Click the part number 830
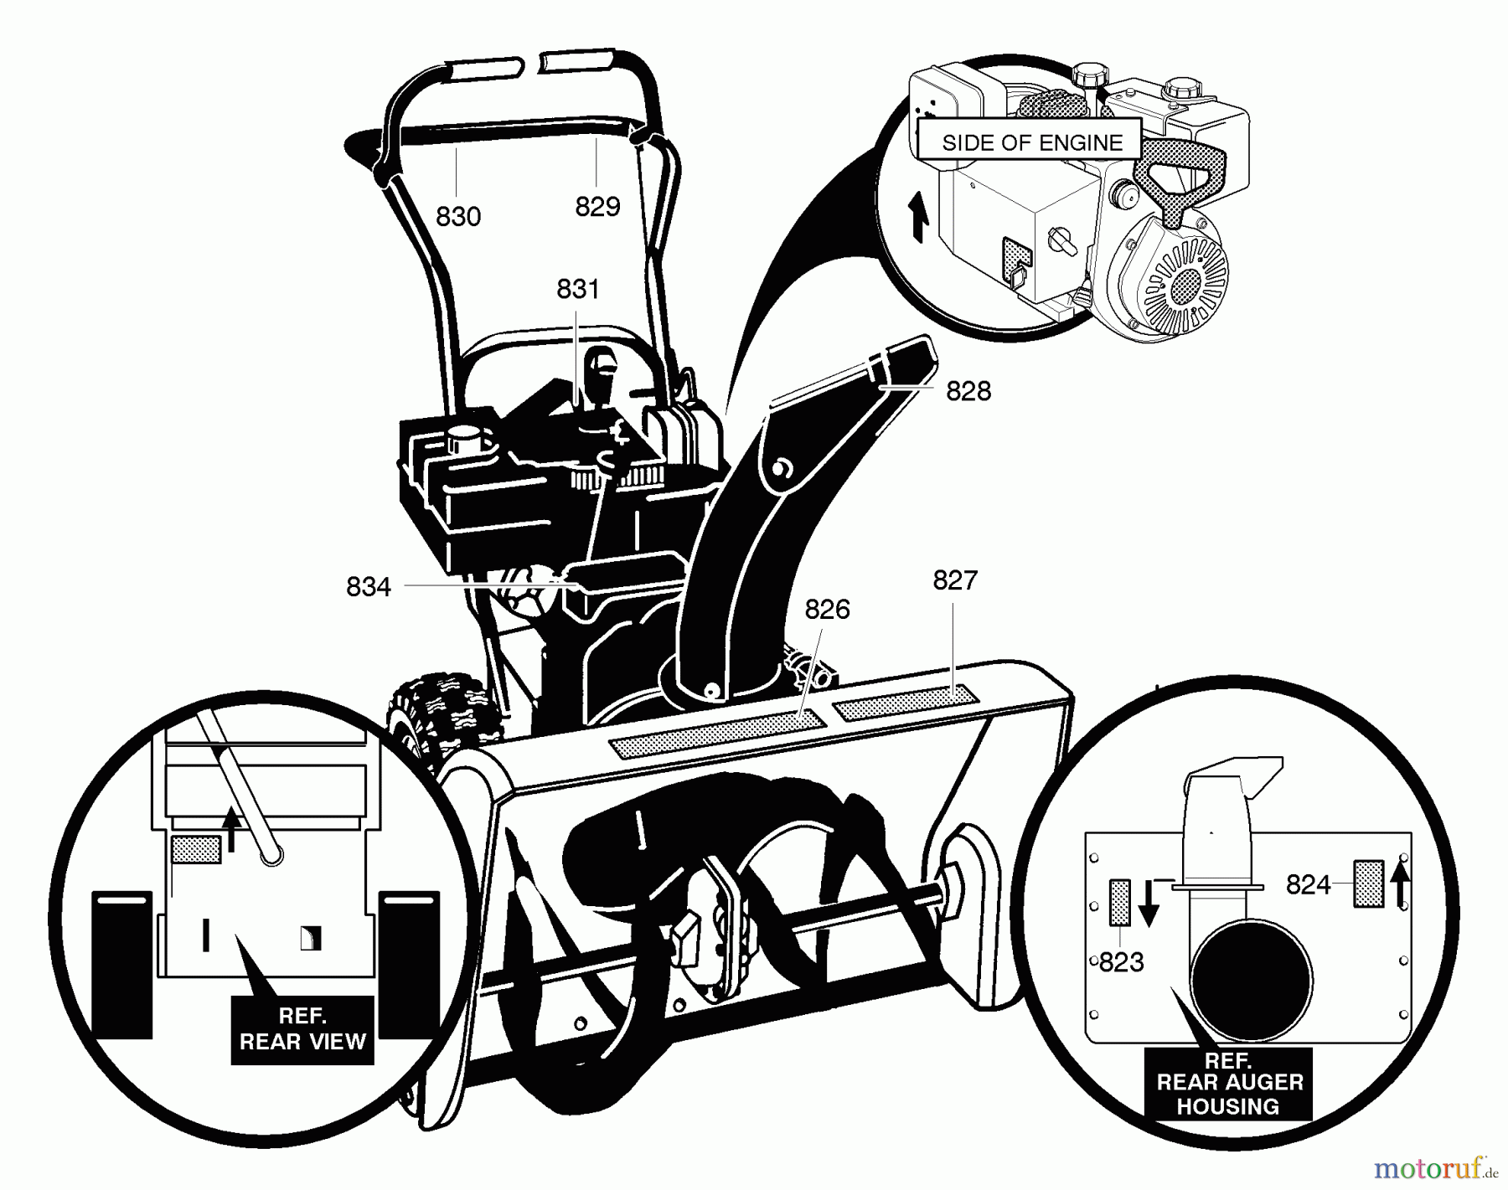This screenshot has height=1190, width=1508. coord(458,217)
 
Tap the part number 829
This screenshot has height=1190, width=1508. coord(597,206)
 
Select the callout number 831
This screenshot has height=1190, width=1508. coord(578,289)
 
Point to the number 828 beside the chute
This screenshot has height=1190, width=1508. coord(968,391)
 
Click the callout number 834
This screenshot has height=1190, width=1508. coord(369,587)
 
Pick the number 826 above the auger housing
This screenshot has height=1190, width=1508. coord(827,610)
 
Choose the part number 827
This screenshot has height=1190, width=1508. coord(955,580)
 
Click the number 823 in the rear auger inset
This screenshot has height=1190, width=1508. coord(1121,962)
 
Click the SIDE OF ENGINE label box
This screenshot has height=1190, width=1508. coord(1031,142)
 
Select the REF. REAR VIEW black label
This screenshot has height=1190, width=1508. coord(302,1029)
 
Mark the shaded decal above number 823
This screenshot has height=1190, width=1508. coord(1120,902)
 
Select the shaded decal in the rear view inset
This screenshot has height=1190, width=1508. coord(196,850)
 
